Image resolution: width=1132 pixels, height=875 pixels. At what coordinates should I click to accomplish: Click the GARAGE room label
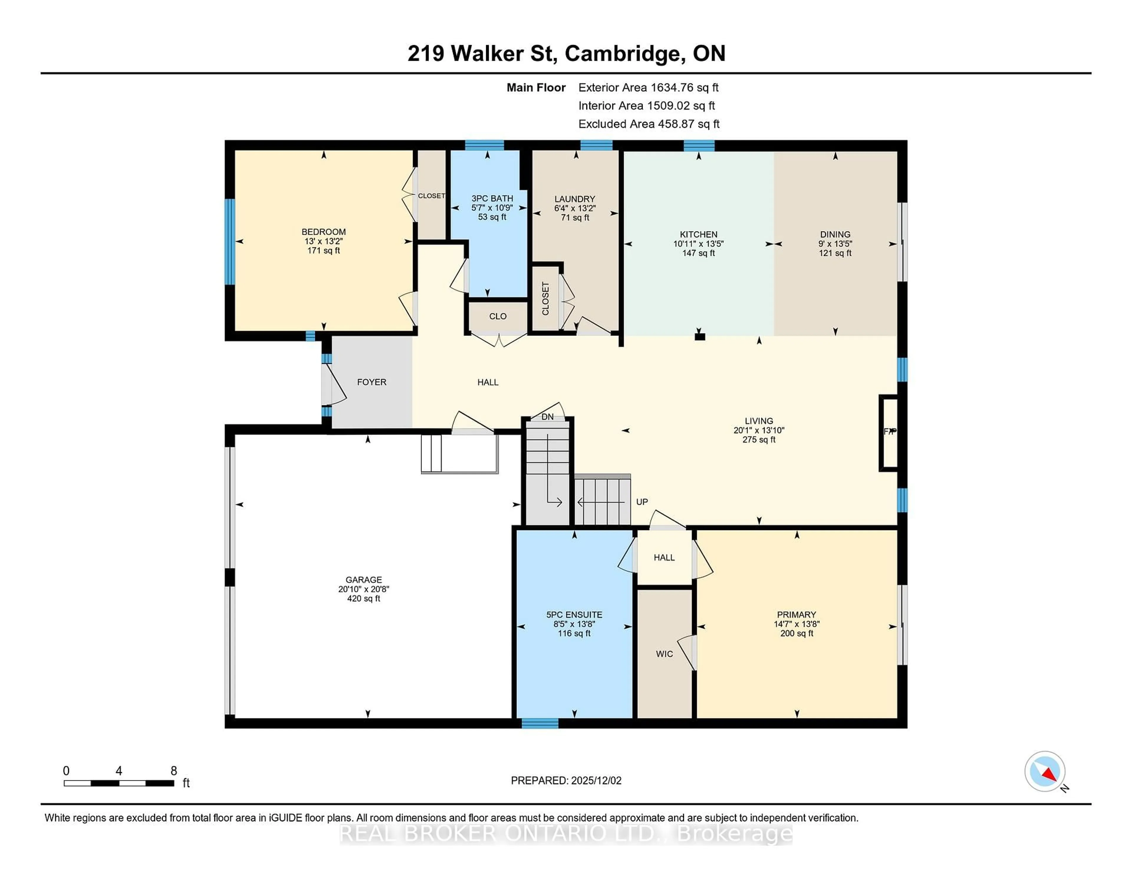tap(363, 580)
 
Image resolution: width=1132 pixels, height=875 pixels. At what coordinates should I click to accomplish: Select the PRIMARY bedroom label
tap(796, 615)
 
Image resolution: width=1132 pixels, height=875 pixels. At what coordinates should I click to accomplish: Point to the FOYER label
tap(372, 382)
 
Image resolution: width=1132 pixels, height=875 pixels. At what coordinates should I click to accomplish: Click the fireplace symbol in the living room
tap(889, 432)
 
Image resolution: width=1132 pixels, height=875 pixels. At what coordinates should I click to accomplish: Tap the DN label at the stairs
tap(547, 417)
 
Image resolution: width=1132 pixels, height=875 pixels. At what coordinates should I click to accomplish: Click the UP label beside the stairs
tap(642, 502)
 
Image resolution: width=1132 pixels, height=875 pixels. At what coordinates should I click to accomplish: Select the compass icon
tap(1044, 771)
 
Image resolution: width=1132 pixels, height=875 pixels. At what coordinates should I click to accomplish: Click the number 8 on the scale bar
tap(174, 771)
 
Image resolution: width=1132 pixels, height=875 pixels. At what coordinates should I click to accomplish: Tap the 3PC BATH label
tap(492, 198)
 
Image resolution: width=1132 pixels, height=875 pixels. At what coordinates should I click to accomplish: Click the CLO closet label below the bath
tap(498, 316)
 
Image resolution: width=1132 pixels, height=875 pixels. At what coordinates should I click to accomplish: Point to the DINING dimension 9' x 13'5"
tap(835, 244)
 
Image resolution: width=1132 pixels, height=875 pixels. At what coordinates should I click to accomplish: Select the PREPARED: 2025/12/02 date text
tap(566, 780)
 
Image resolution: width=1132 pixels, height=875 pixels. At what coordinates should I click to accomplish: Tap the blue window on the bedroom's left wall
tap(229, 241)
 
